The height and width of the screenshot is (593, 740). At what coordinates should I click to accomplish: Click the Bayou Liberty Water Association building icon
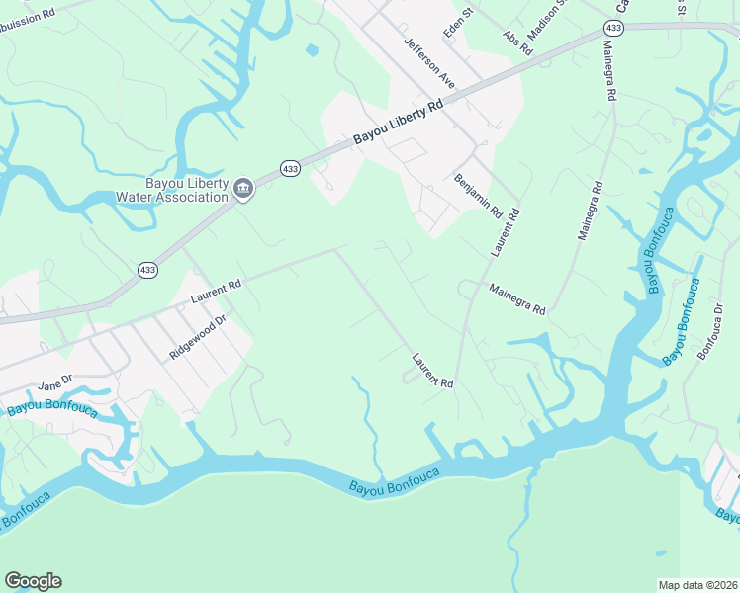pyautogui.click(x=243, y=189)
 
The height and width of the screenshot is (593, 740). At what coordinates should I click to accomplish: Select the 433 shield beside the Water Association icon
pyautogui.click(x=290, y=169)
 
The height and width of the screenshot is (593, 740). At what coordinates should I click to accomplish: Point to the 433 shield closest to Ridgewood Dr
pyautogui.click(x=147, y=269)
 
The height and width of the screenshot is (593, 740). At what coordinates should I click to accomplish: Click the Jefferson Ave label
pyautogui.click(x=428, y=63)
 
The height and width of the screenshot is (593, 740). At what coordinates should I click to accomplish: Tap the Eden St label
pyautogui.click(x=460, y=27)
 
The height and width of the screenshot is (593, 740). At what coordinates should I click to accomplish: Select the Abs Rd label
pyautogui.click(x=517, y=43)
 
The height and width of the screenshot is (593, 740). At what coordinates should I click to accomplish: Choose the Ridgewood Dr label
pyautogui.click(x=198, y=336)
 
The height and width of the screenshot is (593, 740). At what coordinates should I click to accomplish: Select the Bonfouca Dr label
pyautogui.click(x=711, y=331)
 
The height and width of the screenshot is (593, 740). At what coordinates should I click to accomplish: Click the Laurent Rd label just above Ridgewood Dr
pyautogui.click(x=216, y=291)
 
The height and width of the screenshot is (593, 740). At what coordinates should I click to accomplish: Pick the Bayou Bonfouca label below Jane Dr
pyautogui.click(x=52, y=407)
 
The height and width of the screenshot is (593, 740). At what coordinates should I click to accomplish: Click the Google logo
pyautogui.click(x=33, y=581)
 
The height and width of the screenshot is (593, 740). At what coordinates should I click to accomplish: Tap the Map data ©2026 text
pyautogui.click(x=696, y=585)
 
